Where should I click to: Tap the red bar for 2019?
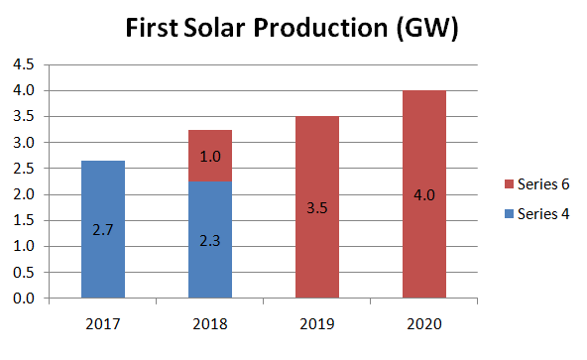[317, 207]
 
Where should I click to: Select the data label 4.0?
[423, 195]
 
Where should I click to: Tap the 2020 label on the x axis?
[423, 324]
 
